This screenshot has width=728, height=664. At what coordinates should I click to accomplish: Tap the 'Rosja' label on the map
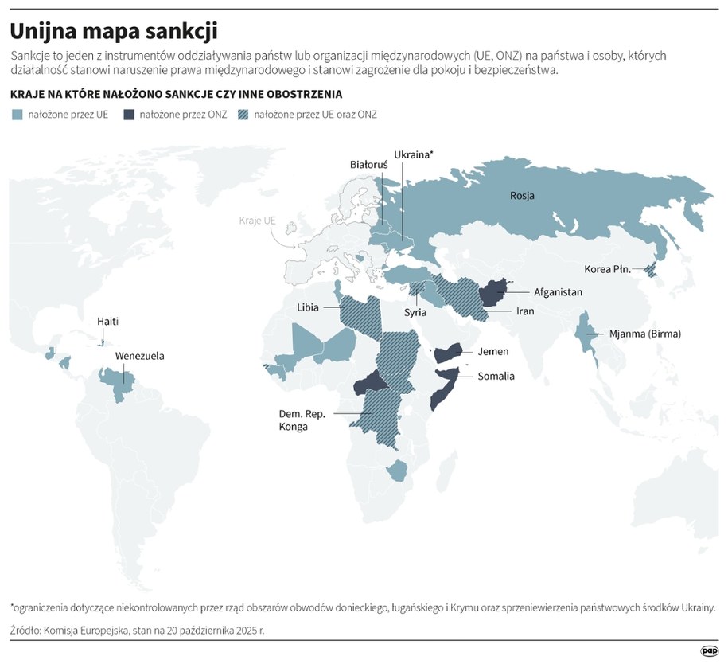tap(522, 196)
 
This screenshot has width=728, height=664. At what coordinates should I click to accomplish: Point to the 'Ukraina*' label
tap(413, 154)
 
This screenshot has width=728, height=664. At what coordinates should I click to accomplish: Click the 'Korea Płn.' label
tap(607, 269)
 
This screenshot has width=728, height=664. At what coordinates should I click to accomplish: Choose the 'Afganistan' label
tap(558, 292)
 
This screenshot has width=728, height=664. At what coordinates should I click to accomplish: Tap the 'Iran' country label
tap(524, 311)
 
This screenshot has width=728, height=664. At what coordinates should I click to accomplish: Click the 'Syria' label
tap(415, 313)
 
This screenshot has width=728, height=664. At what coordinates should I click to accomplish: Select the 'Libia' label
tap(308, 307)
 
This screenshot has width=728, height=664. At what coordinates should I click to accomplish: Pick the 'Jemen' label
tap(493, 351)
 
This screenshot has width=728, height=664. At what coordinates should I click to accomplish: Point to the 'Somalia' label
tap(496, 376)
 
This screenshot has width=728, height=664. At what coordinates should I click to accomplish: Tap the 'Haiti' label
tap(108, 322)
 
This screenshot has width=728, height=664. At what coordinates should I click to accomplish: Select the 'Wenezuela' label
tap(140, 356)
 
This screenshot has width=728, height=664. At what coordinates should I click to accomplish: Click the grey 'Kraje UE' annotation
tap(257, 220)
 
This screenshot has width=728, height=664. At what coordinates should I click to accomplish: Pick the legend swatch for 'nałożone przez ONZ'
tap(128, 115)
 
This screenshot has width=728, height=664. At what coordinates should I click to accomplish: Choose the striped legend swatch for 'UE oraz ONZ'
tap(245, 115)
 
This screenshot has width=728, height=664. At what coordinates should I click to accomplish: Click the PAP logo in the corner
tap(709, 650)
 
